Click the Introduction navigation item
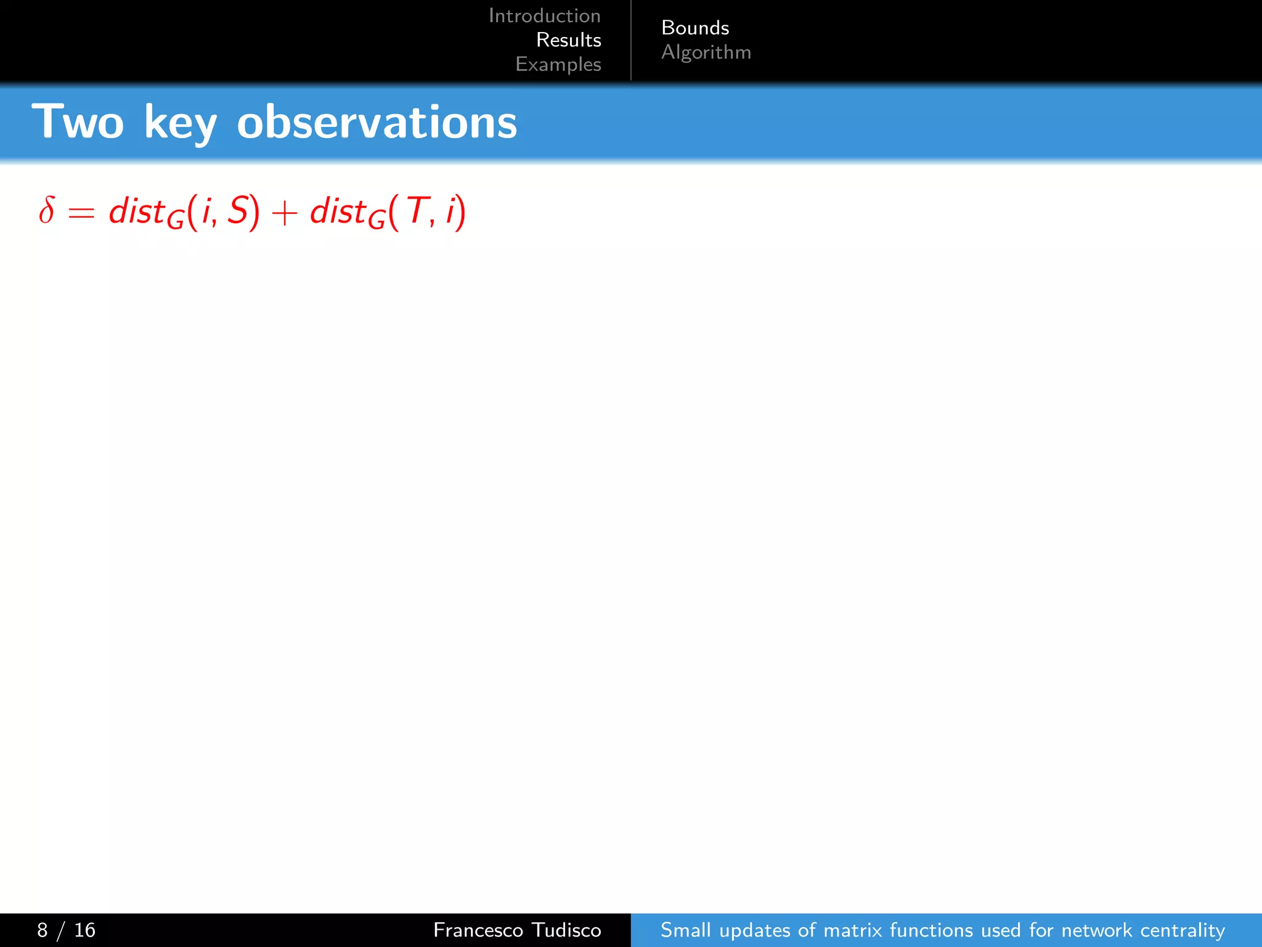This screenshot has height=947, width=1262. pyautogui.click(x=544, y=15)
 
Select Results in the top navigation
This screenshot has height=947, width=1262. pyautogui.click(x=568, y=40)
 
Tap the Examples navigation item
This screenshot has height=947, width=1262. pyautogui.click(x=558, y=64)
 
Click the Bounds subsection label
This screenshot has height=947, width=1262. pyautogui.click(x=695, y=28)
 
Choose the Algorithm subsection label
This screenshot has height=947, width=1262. pyautogui.click(x=706, y=52)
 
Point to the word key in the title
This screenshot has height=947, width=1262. pyautogui.click(x=180, y=123)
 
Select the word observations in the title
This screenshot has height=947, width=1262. pyautogui.click(x=377, y=122)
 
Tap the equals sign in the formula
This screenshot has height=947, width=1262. pyautogui.click(x=81, y=213)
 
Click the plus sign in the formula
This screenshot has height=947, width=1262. pyautogui.click(x=284, y=213)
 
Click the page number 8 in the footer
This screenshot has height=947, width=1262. pyautogui.click(x=42, y=930)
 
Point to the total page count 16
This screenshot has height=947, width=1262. pyautogui.click(x=84, y=930)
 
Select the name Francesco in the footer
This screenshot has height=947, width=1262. pyautogui.click(x=478, y=930)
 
